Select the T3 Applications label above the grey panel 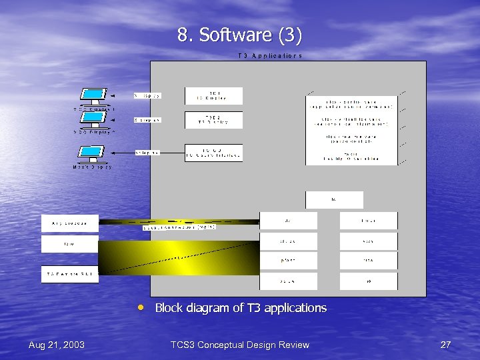pyautogui.click(x=270, y=56)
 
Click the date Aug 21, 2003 pyautogui.click(x=57, y=345)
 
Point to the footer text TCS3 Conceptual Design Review pyautogui.click(x=240, y=345)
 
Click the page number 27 pyautogui.click(x=446, y=345)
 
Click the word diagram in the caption pyautogui.click(x=213, y=308)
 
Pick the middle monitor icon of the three pyautogui.click(x=93, y=119)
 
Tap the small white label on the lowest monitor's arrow pyautogui.click(x=147, y=153)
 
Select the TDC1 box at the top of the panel pyautogui.click(x=213, y=95)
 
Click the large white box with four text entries pyautogui.click(x=352, y=127)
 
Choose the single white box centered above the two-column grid pyautogui.click(x=334, y=200)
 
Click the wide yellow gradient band pyautogui.click(x=179, y=257)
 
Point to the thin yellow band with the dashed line pyautogui.click(x=179, y=221)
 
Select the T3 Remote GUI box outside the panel pyautogui.click(x=69, y=274)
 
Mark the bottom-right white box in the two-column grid pyautogui.click(x=368, y=281)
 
